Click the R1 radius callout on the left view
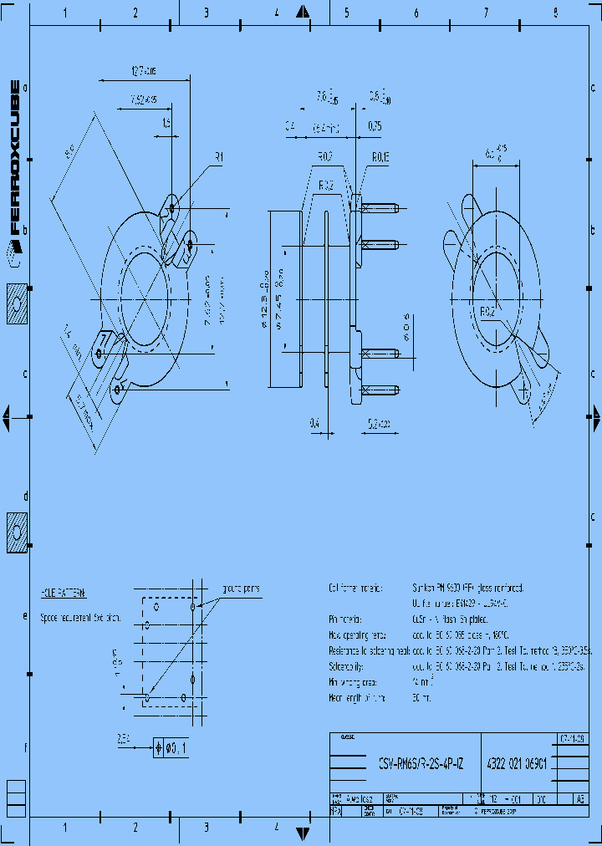tap(219, 156)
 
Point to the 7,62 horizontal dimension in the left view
tap(144, 100)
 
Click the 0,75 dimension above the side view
tap(375, 126)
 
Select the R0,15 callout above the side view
tap(380, 156)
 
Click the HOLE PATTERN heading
tap(64, 592)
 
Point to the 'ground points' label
tap(241, 589)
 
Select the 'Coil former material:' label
tap(357, 589)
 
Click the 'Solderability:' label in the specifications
tap(351, 666)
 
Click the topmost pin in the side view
tap(380, 206)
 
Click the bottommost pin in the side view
tap(380, 390)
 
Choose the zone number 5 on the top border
tap(346, 13)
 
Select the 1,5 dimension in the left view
tap(166, 123)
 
